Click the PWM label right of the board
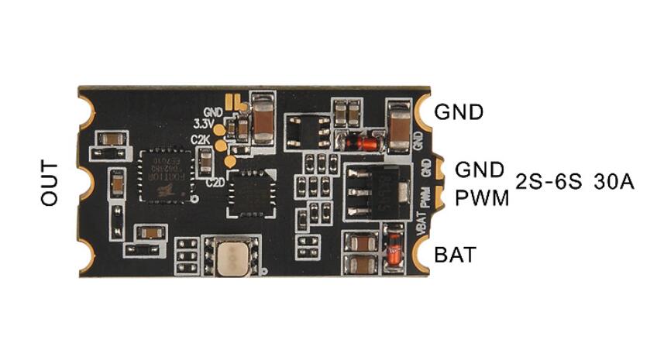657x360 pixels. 482,198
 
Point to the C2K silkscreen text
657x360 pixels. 201,139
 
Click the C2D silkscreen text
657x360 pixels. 216,180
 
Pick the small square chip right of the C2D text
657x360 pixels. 249,194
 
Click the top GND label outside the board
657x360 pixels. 459,111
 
